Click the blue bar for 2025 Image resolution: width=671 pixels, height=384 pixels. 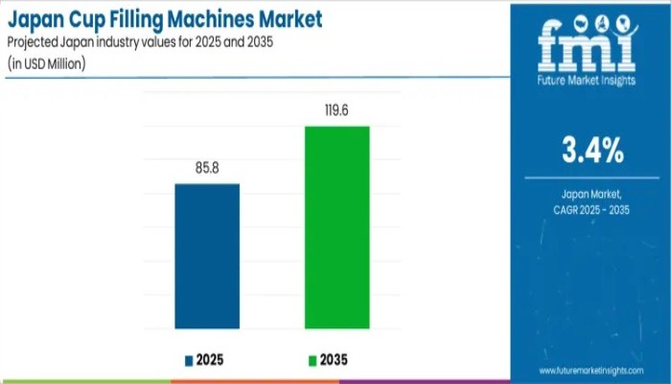point(207,256)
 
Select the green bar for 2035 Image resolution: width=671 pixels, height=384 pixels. point(336,228)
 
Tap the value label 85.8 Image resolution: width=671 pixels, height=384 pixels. point(207,168)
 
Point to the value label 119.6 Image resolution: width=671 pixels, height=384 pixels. point(336,109)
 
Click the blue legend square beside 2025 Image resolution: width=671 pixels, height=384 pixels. point(189,361)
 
